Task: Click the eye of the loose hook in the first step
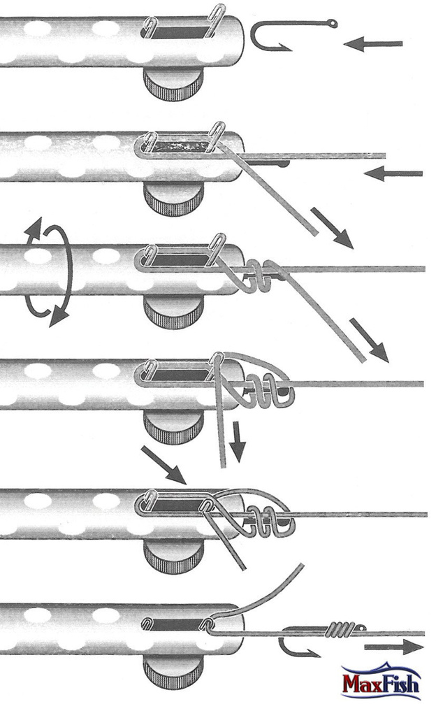point(333,23)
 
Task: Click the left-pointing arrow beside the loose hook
point(373,44)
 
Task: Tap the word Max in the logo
point(361,684)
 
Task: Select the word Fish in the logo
point(400,683)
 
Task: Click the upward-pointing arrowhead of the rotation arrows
point(33,229)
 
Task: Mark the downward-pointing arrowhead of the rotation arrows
point(58,315)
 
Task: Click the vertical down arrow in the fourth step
point(238,442)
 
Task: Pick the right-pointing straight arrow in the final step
point(394,647)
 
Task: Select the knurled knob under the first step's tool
point(173,84)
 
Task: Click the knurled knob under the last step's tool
point(173,670)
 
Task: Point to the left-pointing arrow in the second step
point(393,173)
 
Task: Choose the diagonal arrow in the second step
point(331,228)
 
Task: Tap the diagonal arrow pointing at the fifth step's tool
point(163,465)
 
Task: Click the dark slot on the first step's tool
point(177,32)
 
